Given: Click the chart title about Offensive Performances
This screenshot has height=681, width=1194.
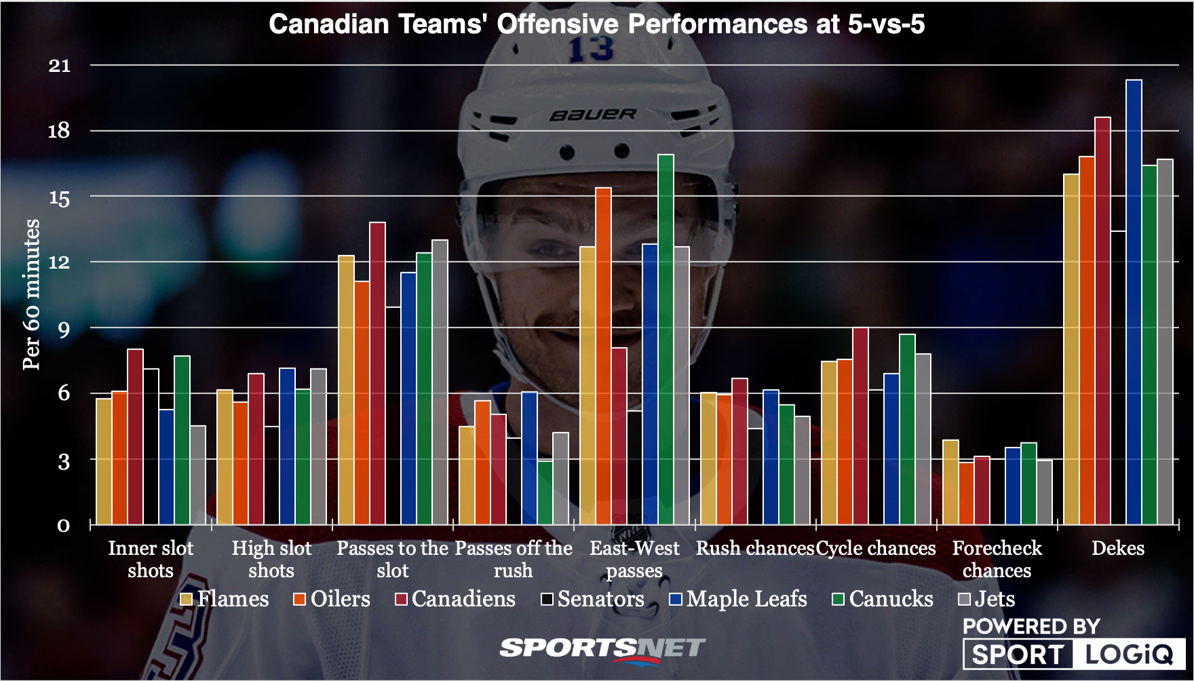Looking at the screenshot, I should coord(596,24).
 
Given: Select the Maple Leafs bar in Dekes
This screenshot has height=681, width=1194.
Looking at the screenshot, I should coord(1134,302).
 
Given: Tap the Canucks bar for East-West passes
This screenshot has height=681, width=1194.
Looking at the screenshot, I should coord(666,339).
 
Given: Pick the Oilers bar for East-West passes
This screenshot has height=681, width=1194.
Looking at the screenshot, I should coord(603,356).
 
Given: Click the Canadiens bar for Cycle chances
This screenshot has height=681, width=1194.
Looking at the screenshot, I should coord(860,426).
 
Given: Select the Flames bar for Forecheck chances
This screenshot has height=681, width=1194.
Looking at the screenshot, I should coord(950,482).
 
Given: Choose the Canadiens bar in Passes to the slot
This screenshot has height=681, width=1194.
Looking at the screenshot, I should coord(377,373).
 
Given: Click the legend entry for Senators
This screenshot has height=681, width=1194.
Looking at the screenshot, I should coord(592,599).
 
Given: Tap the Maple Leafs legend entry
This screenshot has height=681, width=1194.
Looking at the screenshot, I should coord(738,599).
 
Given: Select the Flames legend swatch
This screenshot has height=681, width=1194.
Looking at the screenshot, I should coord(187,600).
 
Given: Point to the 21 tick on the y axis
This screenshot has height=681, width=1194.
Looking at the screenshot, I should coord(60,66).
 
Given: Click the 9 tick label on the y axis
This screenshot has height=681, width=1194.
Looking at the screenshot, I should coord(63,330).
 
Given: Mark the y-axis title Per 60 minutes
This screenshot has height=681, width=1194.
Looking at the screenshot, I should coord(32,294).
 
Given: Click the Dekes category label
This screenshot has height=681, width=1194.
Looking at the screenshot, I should coord(1117,548).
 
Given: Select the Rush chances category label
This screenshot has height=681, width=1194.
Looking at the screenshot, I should coord(754,548).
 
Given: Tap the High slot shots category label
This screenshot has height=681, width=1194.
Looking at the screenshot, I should coord(271,559).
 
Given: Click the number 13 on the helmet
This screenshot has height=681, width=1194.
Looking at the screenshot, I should coord(590,49).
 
